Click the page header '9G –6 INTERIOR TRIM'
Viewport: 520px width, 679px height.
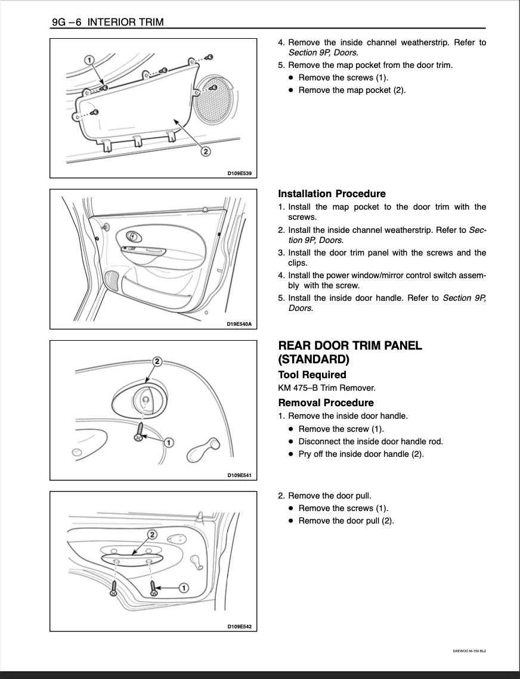107,23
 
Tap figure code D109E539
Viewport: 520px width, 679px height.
239,173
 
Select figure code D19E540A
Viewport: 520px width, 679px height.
239,324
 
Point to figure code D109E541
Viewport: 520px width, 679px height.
239,475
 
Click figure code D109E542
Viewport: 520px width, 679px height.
239,627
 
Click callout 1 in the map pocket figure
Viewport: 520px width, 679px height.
89,60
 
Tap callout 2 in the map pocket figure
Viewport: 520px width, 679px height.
205,151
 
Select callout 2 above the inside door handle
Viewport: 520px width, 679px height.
157,362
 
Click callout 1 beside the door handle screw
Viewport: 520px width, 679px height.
169,442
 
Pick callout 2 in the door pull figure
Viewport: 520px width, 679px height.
152,535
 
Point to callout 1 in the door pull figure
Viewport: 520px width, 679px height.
184,588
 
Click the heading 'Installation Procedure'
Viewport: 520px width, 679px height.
332,194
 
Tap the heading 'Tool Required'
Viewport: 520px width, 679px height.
312,375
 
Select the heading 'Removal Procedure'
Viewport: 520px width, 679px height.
326,403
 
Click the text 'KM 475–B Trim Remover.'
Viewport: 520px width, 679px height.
327,388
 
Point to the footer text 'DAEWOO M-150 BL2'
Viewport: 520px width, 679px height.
469,651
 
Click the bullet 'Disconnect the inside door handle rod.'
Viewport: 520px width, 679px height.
370,441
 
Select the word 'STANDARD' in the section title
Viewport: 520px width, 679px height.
314,359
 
